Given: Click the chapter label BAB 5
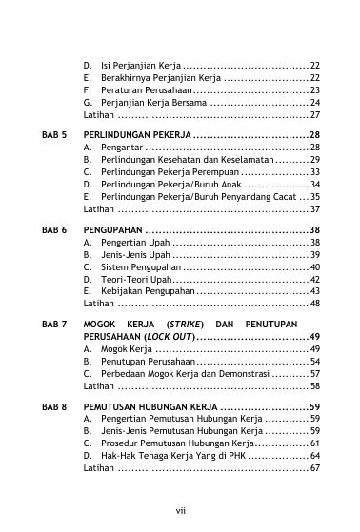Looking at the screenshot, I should tap(53, 136).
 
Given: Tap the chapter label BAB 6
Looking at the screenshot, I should tap(53, 231).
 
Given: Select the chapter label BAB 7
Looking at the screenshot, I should tap(53, 325).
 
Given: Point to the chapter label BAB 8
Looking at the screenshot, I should tap(53, 406).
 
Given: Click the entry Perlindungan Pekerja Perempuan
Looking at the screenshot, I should tap(157, 172).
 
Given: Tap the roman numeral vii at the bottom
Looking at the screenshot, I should tap(180, 511).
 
